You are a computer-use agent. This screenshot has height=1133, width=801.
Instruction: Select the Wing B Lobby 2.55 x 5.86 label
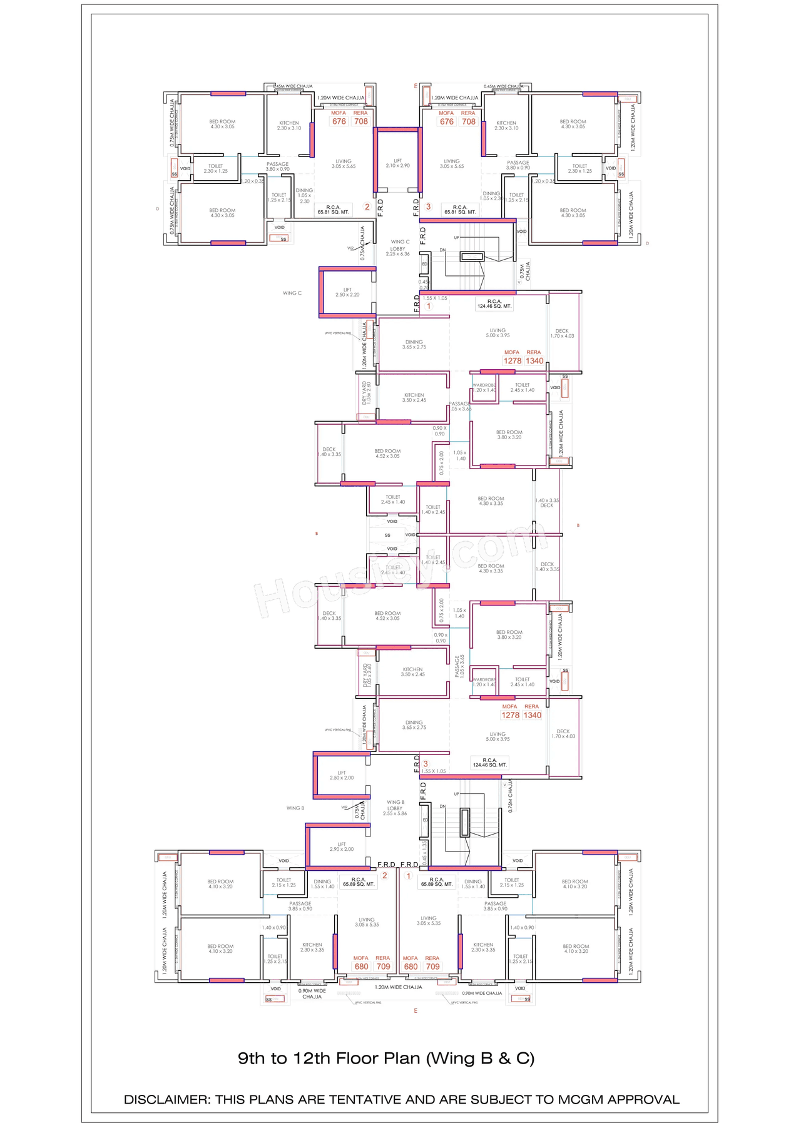(395, 808)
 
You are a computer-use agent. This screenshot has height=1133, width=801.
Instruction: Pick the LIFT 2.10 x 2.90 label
(398, 163)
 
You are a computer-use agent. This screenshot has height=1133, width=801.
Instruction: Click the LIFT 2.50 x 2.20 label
(347, 292)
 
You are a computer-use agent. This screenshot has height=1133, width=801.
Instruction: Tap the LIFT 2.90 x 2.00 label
(342, 846)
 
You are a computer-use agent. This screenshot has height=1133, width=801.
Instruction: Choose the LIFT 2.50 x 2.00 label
(342, 775)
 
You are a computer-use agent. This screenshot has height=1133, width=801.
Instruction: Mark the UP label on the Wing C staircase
(457, 238)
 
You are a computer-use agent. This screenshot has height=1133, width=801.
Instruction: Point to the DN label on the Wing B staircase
(442, 806)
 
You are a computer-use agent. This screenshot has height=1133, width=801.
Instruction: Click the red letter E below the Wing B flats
(416, 1010)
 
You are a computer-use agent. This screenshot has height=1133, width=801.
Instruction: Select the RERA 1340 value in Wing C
(534, 361)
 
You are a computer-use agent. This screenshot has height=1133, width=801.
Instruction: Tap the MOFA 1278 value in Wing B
(510, 715)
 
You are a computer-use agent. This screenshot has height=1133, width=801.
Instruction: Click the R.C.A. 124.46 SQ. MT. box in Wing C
(494, 304)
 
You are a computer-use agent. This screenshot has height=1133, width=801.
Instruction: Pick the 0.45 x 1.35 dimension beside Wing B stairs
(424, 853)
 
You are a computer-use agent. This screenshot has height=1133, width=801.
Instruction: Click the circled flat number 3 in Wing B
(426, 764)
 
